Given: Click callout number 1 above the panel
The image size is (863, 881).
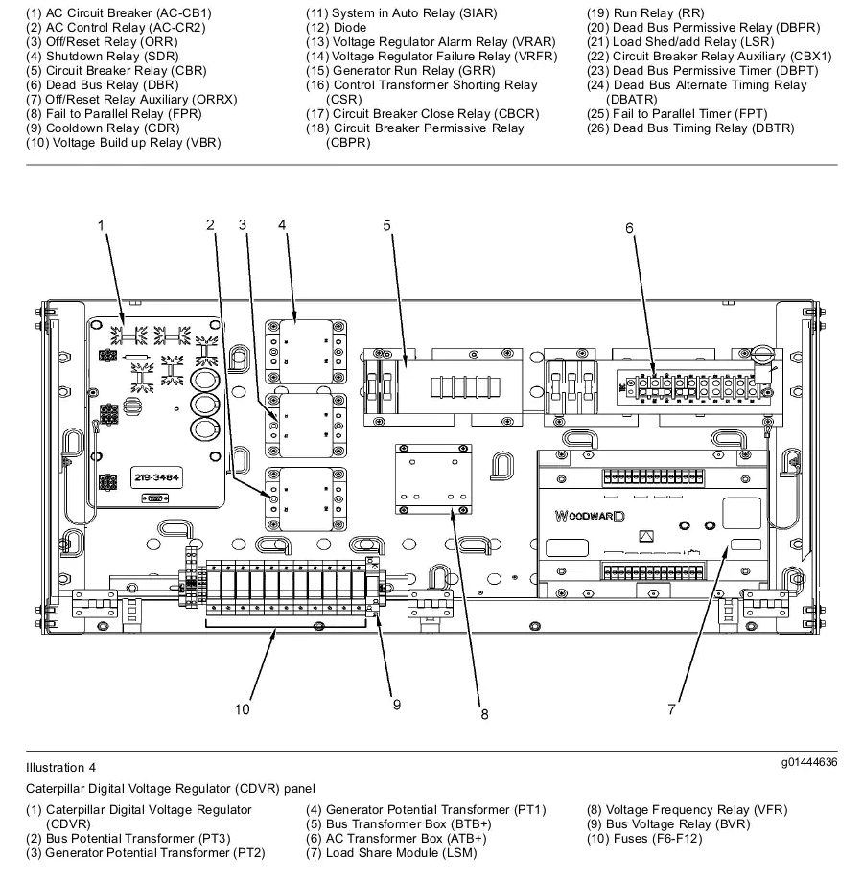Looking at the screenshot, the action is (101, 226).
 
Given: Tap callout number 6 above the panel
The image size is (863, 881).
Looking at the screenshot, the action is (629, 228).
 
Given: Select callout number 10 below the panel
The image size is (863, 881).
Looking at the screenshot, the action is (243, 709).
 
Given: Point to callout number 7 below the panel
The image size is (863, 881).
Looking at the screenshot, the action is (671, 709).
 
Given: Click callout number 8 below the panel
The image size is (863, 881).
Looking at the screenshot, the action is (484, 715).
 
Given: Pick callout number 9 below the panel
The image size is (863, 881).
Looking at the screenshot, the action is (397, 706).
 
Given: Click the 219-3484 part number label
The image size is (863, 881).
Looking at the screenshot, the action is (156, 477).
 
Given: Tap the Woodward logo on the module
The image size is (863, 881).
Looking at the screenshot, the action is (590, 516).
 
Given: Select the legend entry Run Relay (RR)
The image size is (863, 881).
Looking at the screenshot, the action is (645, 12).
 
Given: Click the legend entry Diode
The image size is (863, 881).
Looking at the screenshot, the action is (336, 28).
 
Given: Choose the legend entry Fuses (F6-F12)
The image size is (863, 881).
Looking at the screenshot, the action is (644, 838).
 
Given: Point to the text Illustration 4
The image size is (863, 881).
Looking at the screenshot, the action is (60, 768).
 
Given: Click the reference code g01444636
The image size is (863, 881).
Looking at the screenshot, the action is (809, 762).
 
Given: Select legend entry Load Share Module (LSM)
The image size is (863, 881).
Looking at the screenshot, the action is (391, 853).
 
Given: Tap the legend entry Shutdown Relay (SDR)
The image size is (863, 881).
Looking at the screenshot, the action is (103, 57).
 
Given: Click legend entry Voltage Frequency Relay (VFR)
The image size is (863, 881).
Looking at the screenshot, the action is (688, 810).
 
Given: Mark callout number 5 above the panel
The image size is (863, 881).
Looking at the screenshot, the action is (386, 226).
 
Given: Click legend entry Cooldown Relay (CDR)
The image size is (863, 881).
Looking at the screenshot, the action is (103, 128).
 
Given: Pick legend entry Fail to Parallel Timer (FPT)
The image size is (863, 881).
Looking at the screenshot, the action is (677, 113).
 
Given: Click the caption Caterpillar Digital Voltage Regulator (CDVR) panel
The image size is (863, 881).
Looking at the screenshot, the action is (171, 789).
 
